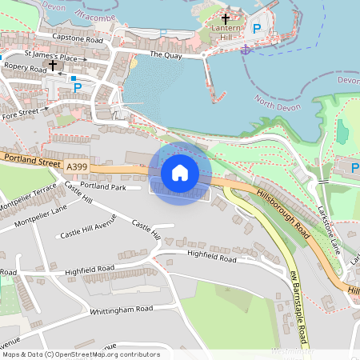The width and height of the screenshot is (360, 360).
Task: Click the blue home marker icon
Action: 180,172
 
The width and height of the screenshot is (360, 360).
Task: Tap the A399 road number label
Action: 78,166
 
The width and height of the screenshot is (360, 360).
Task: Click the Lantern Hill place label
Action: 227,31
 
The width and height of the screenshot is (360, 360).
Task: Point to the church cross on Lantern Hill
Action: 225,18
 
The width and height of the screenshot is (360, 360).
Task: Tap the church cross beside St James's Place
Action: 53,65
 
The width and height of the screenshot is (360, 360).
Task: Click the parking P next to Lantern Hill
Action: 257,29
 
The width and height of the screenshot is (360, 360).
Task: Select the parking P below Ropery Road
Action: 78,88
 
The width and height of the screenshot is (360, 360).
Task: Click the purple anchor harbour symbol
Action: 246,50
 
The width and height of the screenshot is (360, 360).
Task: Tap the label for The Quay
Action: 166,55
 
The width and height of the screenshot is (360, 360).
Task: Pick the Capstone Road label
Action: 78,38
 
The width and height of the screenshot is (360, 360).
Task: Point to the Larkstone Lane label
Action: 330,227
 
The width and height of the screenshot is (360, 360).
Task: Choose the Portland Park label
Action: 103,186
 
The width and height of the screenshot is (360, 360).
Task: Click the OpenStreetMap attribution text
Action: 80,354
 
